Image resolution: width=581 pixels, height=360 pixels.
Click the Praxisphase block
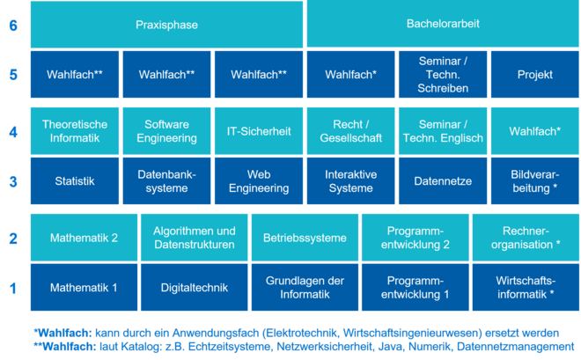(166, 25)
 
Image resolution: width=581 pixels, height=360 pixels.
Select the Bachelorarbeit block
(443, 25)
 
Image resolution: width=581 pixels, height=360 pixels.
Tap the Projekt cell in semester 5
(533, 75)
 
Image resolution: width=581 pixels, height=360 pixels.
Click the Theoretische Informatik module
(74, 131)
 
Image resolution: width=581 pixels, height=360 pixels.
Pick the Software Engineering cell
(166, 131)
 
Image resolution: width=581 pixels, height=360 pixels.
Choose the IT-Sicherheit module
(259, 131)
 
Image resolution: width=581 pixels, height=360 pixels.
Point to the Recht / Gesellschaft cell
(350, 131)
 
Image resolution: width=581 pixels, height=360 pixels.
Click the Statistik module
(74, 181)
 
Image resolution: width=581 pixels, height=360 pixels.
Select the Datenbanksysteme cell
(166, 181)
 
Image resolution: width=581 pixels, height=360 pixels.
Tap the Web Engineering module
(259, 181)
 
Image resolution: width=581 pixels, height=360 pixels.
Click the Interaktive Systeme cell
(350, 181)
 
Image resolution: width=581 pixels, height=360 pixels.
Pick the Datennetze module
(443, 181)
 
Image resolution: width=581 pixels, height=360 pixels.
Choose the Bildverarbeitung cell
(533, 181)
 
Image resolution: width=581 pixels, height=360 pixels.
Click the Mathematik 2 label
(84, 238)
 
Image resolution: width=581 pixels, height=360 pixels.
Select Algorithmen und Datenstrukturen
(194, 238)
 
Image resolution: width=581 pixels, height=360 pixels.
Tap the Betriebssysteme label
(305, 238)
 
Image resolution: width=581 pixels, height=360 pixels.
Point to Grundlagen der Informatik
(305, 287)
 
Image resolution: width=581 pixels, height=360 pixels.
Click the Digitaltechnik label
(194, 287)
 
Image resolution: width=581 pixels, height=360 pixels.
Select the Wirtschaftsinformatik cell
(526, 287)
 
